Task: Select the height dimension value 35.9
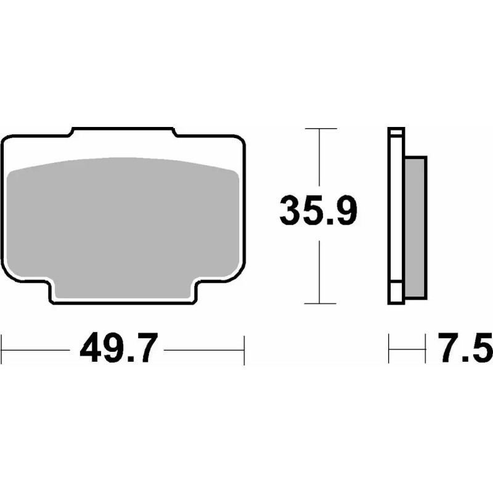319,211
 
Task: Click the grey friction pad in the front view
123,222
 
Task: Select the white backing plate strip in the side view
396,216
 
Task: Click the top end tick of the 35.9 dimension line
320,128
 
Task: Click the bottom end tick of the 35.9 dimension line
320,303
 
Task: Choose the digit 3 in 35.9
291,211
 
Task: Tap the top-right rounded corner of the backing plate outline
240,141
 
